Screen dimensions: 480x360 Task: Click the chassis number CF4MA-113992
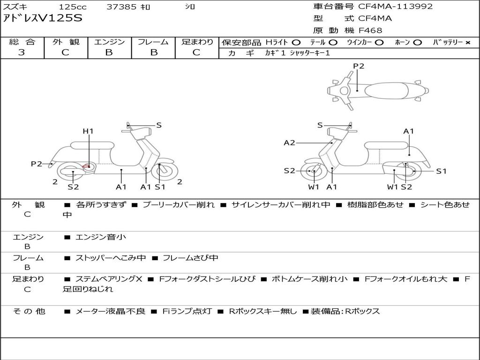[x=396, y=7]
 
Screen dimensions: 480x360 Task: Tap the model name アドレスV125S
[x=43, y=18]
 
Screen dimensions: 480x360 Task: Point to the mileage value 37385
[x=121, y=7]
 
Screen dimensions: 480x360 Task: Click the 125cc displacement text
[x=73, y=7]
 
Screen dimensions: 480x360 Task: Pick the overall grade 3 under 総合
[x=22, y=52]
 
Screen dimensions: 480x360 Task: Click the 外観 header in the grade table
[x=66, y=42]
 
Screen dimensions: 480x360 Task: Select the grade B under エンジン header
[x=109, y=52]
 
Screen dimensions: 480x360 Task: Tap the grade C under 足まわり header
[x=196, y=52]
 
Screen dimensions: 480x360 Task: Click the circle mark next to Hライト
[x=296, y=43]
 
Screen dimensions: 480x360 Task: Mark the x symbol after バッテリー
[x=468, y=43]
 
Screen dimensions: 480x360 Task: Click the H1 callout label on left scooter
[x=88, y=131]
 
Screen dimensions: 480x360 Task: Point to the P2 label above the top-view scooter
[x=359, y=66]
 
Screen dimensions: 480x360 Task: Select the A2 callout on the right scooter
[x=289, y=142]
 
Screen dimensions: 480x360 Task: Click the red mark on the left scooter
[x=86, y=167]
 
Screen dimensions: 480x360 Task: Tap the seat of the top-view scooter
[x=387, y=90]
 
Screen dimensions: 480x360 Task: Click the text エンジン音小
[x=101, y=237]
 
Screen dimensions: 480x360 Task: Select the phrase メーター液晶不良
[x=110, y=311]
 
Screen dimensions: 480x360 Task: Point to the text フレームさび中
[x=190, y=258]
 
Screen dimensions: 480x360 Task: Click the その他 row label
[x=29, y=311]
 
